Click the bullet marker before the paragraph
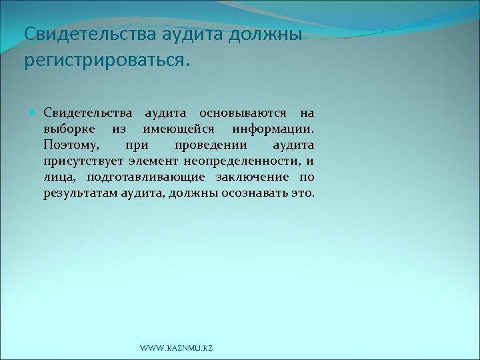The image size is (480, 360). point(34,113)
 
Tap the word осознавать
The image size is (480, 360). point(261,193)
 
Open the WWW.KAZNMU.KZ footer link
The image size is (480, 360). point(177,349)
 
